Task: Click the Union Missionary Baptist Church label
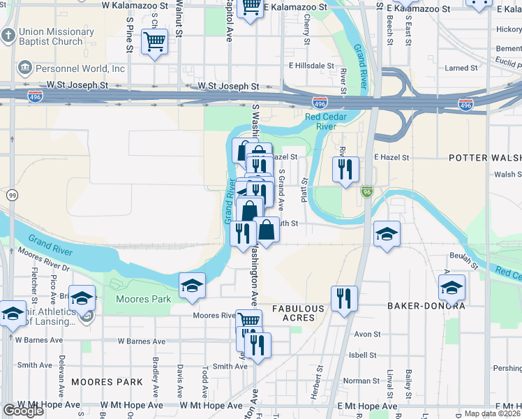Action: [50, 36]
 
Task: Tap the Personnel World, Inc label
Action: [72, 69]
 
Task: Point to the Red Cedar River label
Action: [322, 122]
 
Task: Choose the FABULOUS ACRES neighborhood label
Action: [298, 313]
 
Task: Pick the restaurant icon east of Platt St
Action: [345, 170]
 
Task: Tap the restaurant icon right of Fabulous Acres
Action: [344, 298]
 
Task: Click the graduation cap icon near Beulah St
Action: [387, 234]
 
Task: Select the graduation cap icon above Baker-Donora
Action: [452, 286]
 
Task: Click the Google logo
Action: [23, 411]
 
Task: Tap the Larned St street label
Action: [461, 68]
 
